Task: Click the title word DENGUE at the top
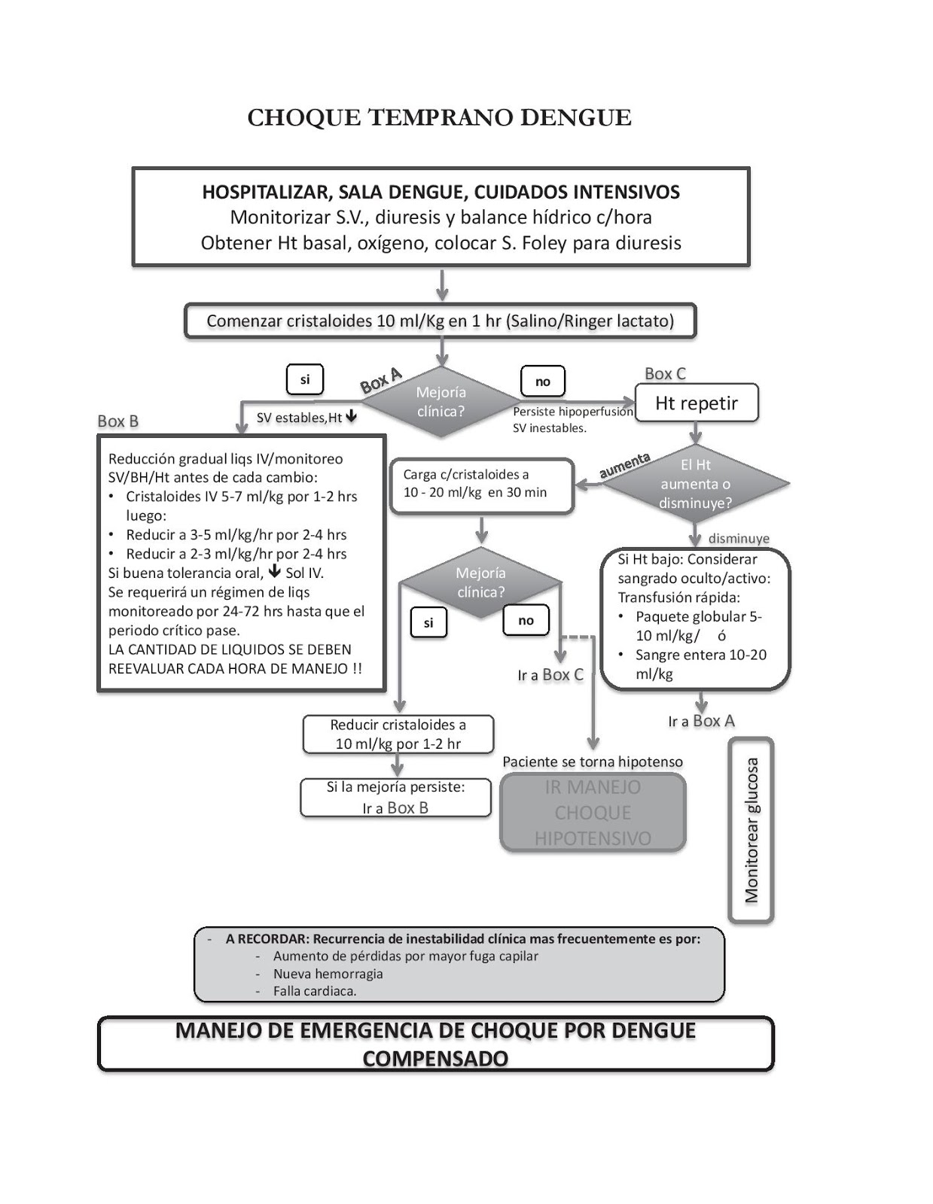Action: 576,118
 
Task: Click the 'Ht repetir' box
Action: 697,403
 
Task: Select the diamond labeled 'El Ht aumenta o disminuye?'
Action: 695,484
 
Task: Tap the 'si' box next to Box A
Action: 305,380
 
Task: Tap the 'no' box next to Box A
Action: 542,382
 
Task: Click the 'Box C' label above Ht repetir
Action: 665,374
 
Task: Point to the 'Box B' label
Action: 118,421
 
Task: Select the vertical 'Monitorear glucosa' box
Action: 751,830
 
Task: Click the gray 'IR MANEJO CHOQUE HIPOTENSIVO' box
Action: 593,813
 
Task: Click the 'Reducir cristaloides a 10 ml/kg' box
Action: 398,734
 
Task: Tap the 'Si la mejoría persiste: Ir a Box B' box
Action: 395,798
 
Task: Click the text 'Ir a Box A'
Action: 701,721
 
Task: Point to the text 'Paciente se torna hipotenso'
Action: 593,762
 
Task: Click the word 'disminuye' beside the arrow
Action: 739,539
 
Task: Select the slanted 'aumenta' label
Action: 624,466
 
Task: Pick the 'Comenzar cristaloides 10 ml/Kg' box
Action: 441,321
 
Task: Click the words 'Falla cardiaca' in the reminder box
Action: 314,991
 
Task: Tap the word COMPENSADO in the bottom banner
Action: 435,1058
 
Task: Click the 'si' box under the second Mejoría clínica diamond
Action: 428,623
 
